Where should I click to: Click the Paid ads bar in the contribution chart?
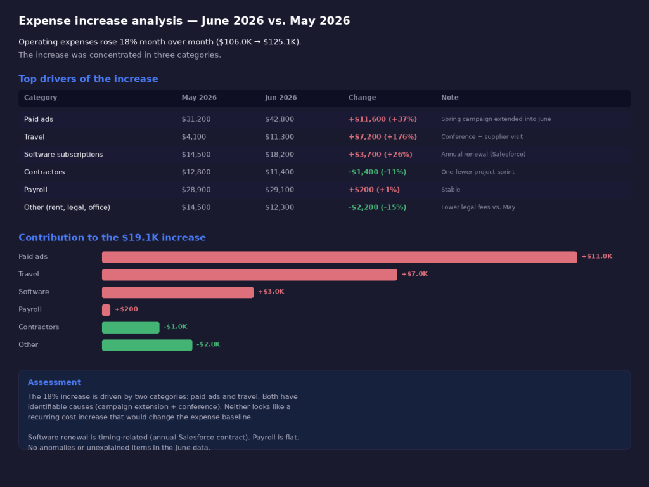pos(340,257)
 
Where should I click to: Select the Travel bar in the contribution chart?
pos(250,275)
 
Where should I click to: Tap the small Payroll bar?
pos(106,309)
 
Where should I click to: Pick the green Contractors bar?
pos(131,328)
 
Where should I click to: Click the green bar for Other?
pos(147,345)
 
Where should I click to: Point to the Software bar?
pos(177,292)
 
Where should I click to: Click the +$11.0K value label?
pos(596,256)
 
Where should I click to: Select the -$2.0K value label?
pos(208,344)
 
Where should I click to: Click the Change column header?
pos(362,97)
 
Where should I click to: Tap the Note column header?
pos(449,97)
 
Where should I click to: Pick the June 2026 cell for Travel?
pos(280,137)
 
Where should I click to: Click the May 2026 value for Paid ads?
pos(196,119)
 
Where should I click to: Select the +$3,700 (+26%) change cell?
pos(380,155)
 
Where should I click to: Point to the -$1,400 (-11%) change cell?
pos(377,172)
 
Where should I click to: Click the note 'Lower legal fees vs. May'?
pos(478,207)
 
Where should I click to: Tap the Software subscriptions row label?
pos(63,155)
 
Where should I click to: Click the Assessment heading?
pos(55,382)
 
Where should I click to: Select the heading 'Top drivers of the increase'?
pos(88,79)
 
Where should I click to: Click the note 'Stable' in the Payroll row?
pos(451,189)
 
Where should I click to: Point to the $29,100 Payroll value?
pos(280,190)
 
